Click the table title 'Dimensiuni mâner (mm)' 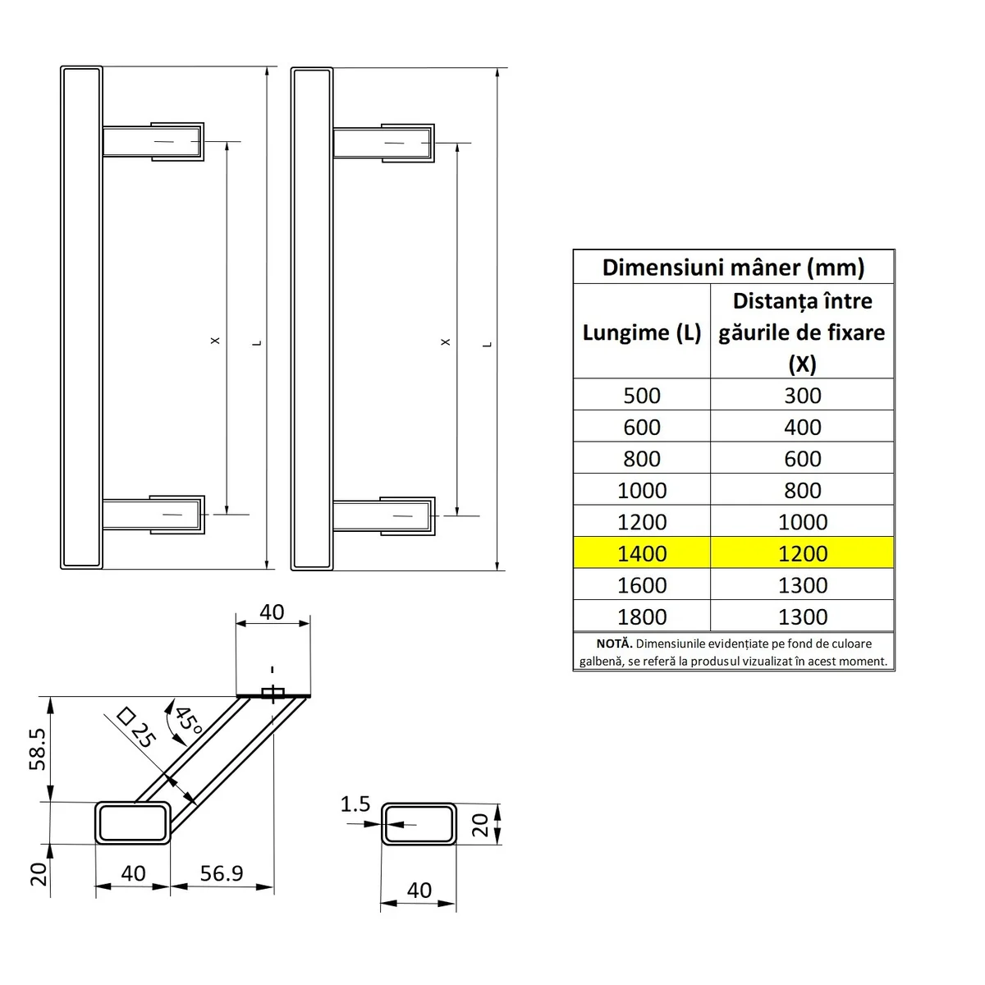point(733,268)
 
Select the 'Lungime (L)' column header point(642,332)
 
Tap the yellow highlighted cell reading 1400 point(642,553)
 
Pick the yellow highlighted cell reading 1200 point(802,553)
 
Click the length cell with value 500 point(642,396)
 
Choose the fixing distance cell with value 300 point(802,396)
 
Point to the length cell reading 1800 point(642,616)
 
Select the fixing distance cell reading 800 point(802,490)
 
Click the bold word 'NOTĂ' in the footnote point(614,644)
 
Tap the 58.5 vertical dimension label point(38,749)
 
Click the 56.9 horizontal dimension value point(222,873)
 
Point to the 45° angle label point(188,720)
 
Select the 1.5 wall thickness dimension point(355,804)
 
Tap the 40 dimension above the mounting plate point(272,612)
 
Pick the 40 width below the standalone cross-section point(419,891)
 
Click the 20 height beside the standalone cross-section point(481,823)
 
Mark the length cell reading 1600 point(642,585)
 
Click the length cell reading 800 point(642,459)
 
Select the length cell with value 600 point(642,427)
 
